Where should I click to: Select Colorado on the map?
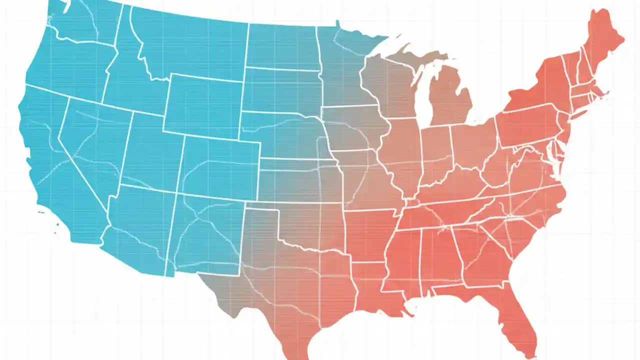(x=220, y=167)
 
